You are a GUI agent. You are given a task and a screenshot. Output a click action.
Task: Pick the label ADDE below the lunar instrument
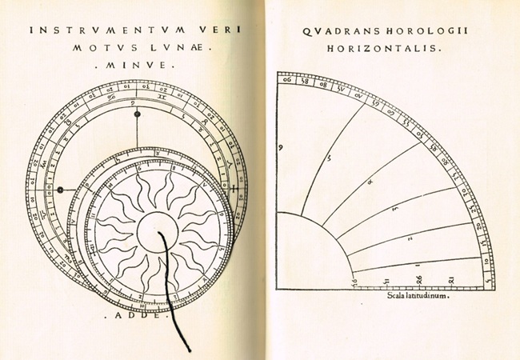pyautogui.click(x=137, y=315)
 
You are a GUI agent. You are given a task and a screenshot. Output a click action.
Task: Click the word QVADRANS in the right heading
pyautogui.click(x=336, y=31)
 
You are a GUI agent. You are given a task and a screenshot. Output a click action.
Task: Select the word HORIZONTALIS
pyautogui.click(x=385, y=50)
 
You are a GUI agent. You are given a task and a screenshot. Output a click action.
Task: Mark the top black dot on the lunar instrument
pyautogui.click(x=138, y=115)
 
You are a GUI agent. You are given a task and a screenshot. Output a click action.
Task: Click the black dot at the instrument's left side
pyautogui.click(x=60, y=190)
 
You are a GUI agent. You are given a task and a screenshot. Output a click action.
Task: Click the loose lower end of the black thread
pyautogui.click(x=190, y=350)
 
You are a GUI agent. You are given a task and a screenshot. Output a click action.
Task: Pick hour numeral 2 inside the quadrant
pyautogui.click(x=410, y=238)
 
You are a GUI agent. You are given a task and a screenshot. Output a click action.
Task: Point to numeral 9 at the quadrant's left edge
pyautogui.click(x=282, y=149)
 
